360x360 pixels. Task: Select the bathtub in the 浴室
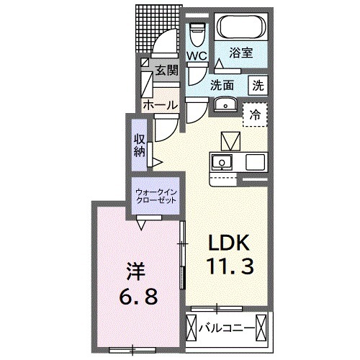[241, 30]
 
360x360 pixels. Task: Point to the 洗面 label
[222, 85]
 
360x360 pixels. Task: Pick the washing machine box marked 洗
[257, 84]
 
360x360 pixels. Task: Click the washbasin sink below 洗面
[226, 104]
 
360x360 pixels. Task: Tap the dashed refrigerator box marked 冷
[255, 114]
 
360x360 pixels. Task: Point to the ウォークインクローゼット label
[158, 195]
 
